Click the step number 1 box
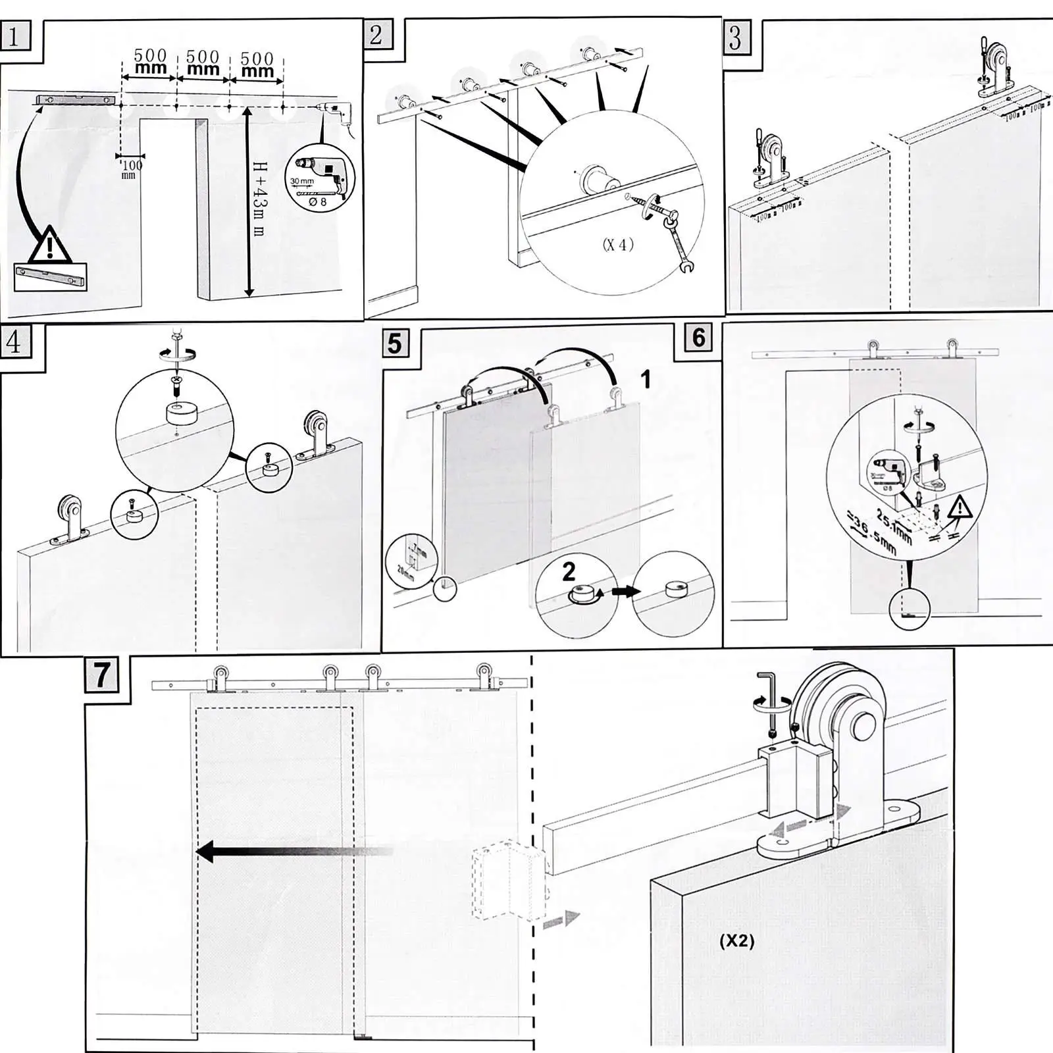point(14,36)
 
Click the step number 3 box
point(736,38)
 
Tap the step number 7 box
point(101,674)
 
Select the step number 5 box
point(395,343)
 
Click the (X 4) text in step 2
point(617,245)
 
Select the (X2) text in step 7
point(736,941)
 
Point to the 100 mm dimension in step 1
point(130,169)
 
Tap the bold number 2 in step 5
point(569,571)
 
